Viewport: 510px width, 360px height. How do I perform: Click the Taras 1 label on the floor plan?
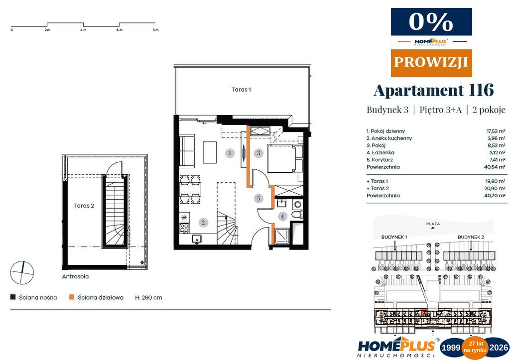[242, 90]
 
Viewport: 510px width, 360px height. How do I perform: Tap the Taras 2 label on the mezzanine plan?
[84, 206]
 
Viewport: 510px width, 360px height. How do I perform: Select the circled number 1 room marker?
[230, 153]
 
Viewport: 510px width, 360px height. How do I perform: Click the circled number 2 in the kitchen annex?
[203, 223]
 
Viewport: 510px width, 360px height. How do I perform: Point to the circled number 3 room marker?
[258, 152]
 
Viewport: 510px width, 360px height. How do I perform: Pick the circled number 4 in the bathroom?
[282, 216]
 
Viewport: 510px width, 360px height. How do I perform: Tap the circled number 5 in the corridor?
[258, 198]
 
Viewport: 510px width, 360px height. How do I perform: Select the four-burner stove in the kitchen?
[184, 228]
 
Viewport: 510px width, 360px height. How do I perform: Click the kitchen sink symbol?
[196, 239]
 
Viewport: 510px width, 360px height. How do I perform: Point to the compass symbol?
[22, 272]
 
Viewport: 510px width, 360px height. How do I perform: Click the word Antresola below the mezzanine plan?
[75, 276]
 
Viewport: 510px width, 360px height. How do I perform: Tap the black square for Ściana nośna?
[13, 297]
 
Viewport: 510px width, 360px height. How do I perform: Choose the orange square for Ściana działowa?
[72, 297]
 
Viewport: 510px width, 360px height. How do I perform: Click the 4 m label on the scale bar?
[83, 30]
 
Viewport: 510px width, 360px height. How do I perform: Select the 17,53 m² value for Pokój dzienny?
[496, 131]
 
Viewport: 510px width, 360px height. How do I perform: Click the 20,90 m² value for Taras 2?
[496, 188]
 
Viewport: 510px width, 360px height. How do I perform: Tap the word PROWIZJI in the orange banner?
[431, 62]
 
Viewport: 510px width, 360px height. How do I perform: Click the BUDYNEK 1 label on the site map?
[394, 237]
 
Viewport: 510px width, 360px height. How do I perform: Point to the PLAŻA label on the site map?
[433, 224]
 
